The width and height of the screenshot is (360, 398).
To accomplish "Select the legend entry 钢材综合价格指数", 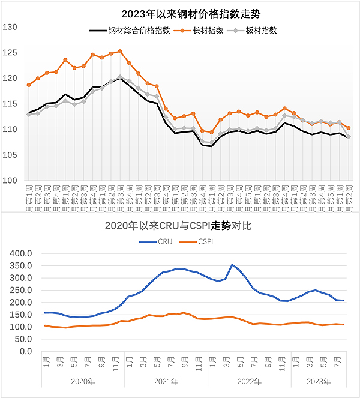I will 136,31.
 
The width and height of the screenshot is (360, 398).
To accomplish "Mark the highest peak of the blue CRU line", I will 232,265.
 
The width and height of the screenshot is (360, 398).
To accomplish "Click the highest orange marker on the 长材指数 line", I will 120,52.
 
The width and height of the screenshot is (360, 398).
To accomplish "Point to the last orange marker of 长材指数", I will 349,128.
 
